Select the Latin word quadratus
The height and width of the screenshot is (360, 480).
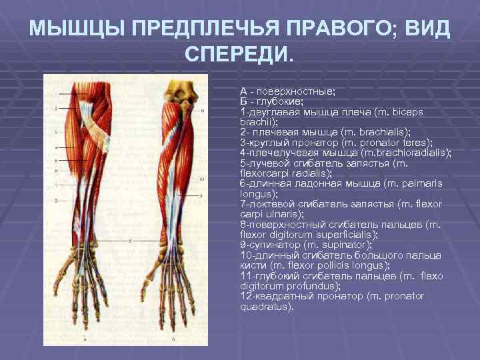click(x=265, y=307)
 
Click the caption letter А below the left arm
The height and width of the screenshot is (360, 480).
click(x=85, y=338)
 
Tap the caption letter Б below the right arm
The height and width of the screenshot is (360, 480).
click(x=173, y=338)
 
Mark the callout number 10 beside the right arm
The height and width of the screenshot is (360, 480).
click(x=201, y=179)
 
